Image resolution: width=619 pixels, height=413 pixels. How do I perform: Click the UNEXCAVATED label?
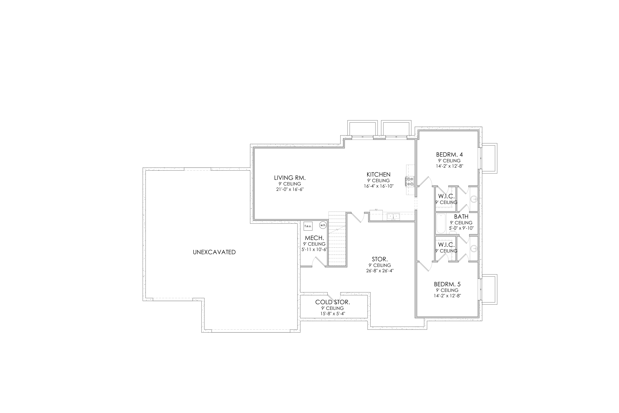coord(214,252)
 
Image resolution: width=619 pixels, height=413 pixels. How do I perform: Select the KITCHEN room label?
coord(378,174)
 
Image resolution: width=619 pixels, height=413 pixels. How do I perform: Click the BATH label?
coord(461,216)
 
